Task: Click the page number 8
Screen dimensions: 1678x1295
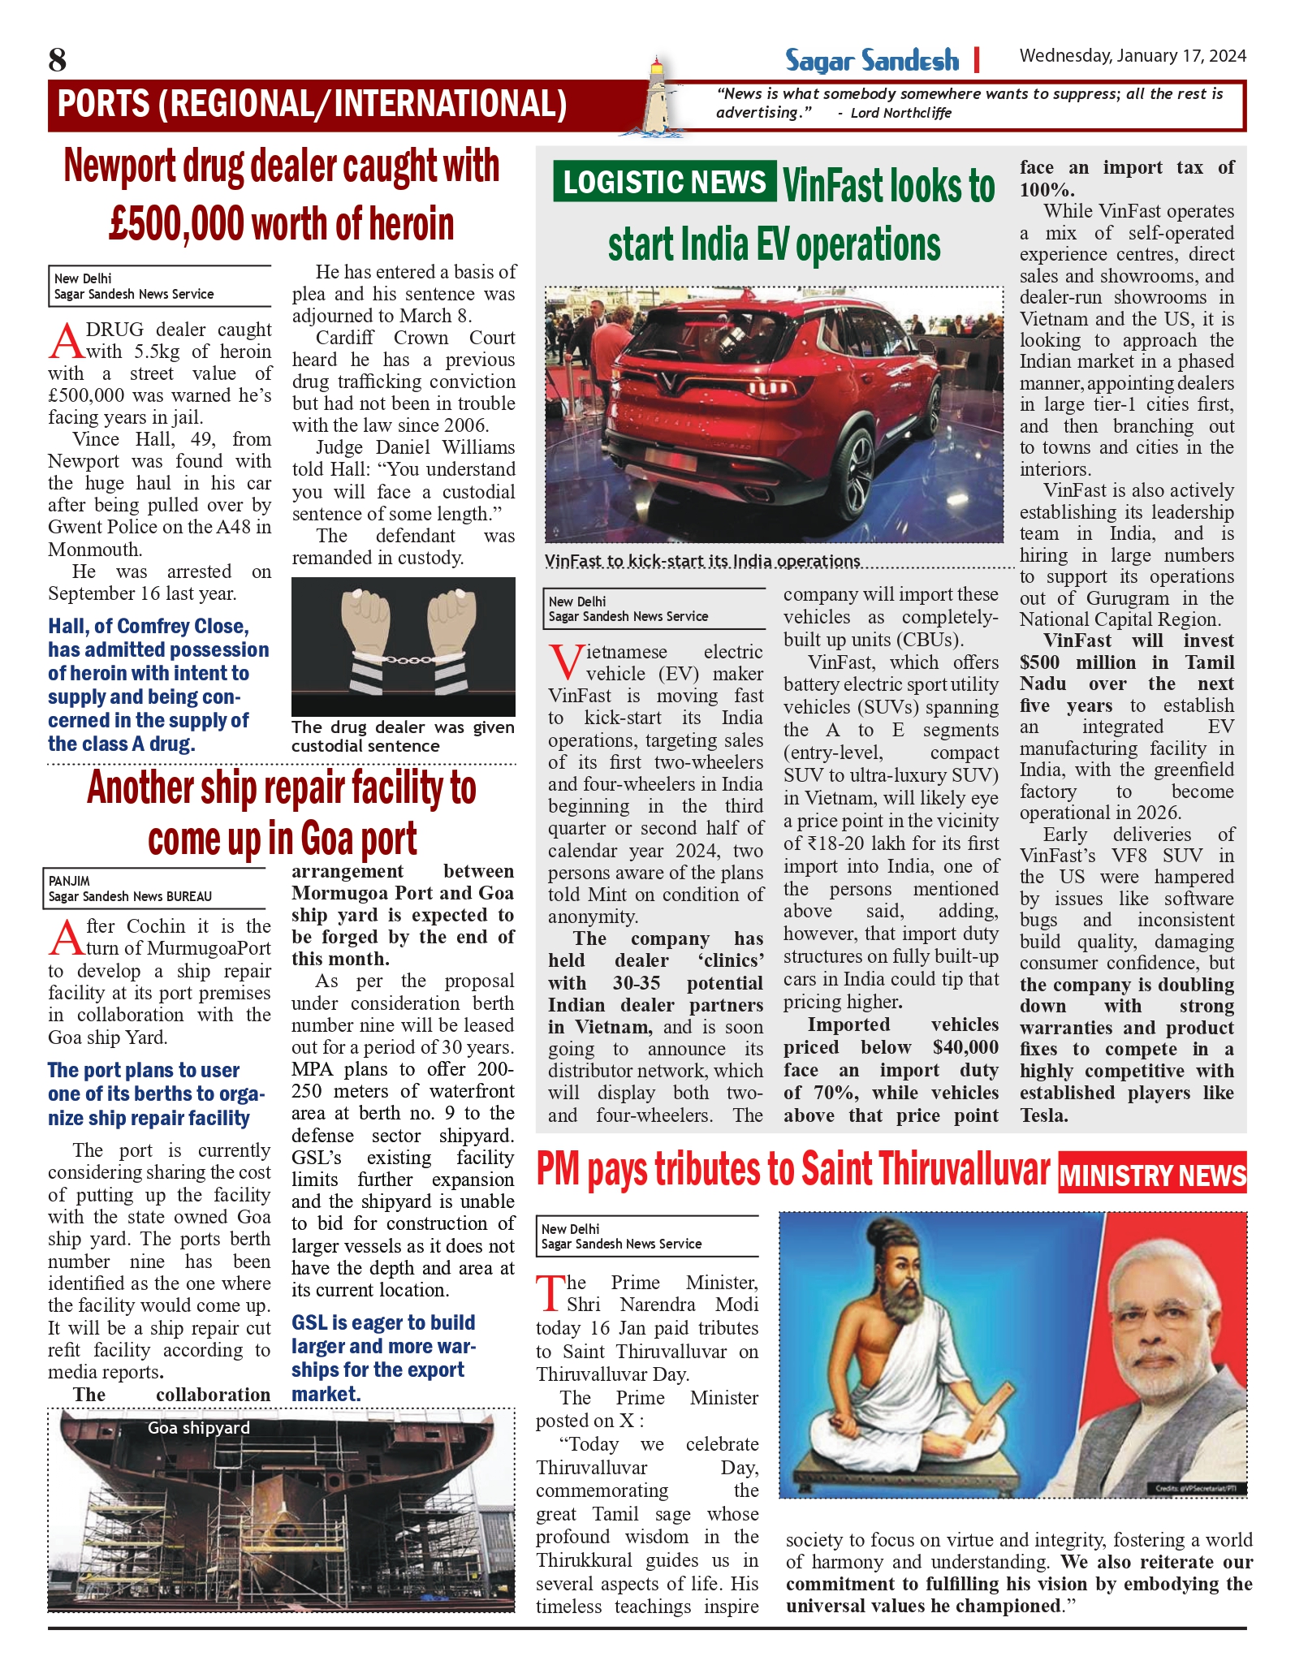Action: pyautogui.click(x=57, y=60)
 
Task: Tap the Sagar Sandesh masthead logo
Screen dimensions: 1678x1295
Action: pyautogui.click(x=871, y=61)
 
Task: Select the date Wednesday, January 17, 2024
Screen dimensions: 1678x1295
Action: pyautogui.click(x=1133, y=56)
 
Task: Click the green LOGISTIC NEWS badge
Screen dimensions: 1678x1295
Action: pyautogui.click(x=663, y=182)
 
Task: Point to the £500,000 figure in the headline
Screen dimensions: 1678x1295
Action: pyautogui.click(x=177, y=224)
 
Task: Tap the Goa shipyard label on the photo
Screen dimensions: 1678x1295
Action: pyautogui.click(x=199, y=1428)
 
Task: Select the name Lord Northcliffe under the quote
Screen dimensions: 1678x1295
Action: pyautogui.click(x=900, y=113)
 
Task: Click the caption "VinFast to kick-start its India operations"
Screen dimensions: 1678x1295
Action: pyautogui.click(x=702, y=561)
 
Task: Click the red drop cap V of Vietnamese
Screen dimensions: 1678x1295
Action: pyautogui.click(x=565, y=662)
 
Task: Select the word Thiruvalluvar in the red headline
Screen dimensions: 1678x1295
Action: pyautogui.click(x=926, y=1171)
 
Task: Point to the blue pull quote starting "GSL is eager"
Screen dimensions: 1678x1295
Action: pyautogui.click(x=383, y=1358)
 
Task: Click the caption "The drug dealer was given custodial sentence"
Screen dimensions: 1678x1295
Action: pyautogui.click(x=403, y=736)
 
